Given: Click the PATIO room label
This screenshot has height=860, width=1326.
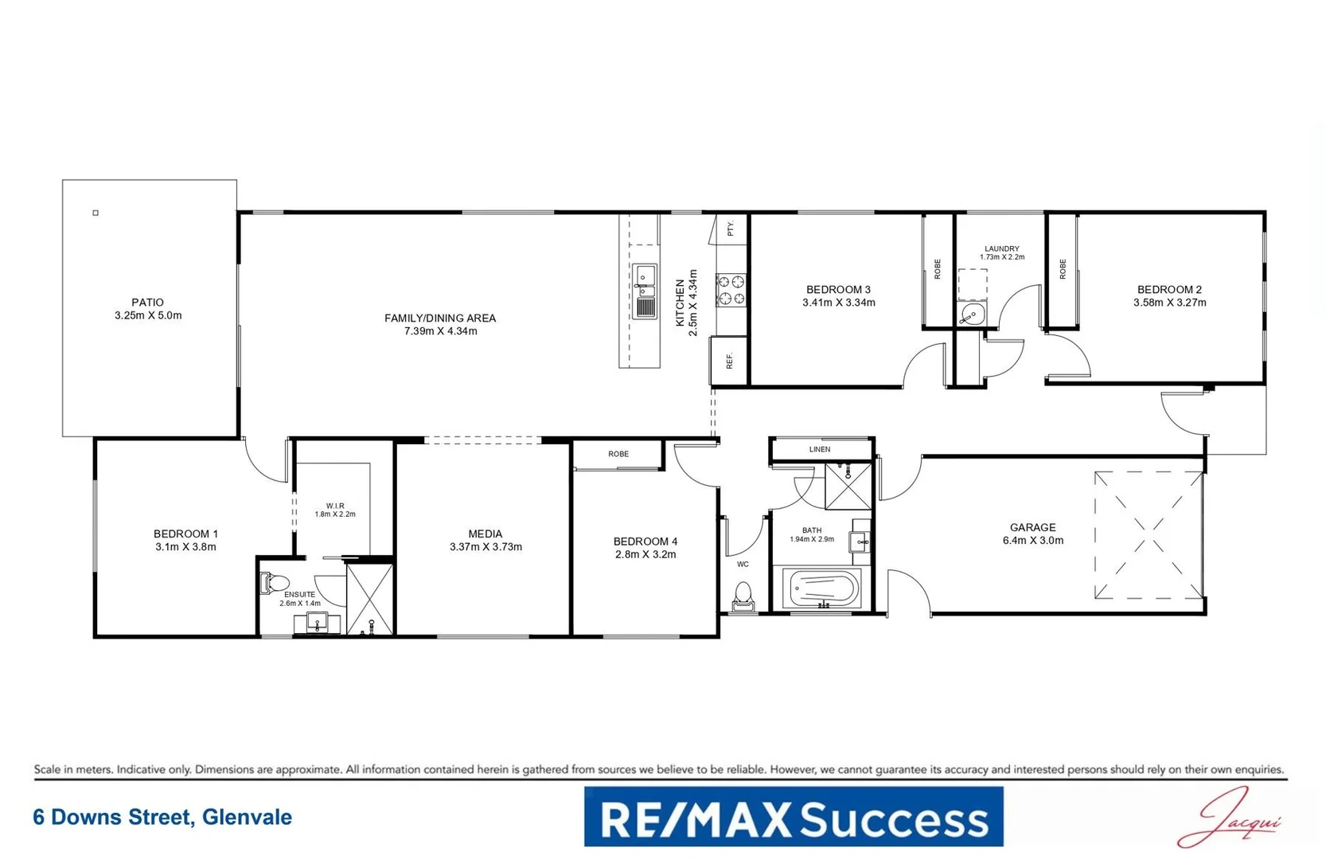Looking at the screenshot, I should coord(147,303).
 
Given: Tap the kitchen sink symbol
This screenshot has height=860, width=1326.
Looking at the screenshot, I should coord(645,291).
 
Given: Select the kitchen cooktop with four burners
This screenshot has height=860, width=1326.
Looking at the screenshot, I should coord(731,291).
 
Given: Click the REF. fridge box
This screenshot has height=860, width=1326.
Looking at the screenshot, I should coord(728,361).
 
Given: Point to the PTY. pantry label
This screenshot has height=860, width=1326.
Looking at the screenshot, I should coord(731,229).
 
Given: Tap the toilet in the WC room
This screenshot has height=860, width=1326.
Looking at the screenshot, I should coord(743,596).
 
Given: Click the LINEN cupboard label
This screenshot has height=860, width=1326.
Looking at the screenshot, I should coord(820,449).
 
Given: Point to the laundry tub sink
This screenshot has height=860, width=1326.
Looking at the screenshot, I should coord(972,315).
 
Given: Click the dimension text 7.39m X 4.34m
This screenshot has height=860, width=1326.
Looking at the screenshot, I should coord(440,331).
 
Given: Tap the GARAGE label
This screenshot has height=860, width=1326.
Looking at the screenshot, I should coord(1032,527).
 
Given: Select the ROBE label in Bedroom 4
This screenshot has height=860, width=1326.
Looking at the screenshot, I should coord(618,454).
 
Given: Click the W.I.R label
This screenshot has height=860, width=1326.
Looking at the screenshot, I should coord(335,506).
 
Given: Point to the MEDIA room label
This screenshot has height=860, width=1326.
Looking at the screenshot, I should coord(485,534).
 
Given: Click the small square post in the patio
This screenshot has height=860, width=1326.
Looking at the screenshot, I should coord(96,213).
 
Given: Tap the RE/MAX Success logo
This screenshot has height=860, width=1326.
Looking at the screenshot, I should coord(793,817).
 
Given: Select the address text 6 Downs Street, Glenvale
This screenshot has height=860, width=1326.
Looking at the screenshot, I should coord(162,817).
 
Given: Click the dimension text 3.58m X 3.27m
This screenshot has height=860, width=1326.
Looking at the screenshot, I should coord(1169,303).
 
